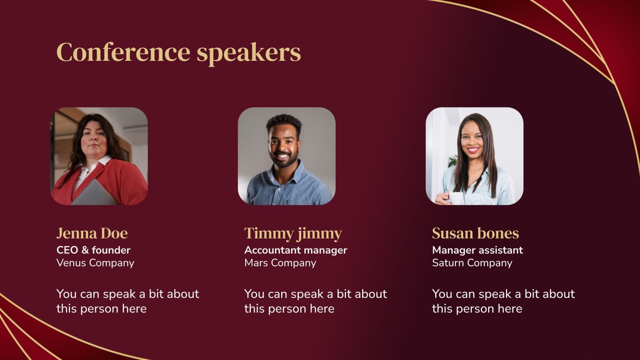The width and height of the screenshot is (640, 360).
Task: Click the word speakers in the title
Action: (248, 53)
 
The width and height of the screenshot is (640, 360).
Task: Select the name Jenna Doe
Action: (92, 233)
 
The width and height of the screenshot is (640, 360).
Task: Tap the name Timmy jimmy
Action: (293, 233)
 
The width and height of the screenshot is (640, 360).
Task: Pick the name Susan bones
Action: (475, 233)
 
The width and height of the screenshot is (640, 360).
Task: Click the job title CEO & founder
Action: (93, 250)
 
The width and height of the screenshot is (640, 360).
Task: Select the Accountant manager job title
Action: (296, 250)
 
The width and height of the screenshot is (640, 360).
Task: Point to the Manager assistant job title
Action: (477, 250)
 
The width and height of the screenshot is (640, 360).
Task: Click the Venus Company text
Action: (95, 263)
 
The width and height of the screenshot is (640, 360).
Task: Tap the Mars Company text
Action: (280, 263)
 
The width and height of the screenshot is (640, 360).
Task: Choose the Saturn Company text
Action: (472, 263)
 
